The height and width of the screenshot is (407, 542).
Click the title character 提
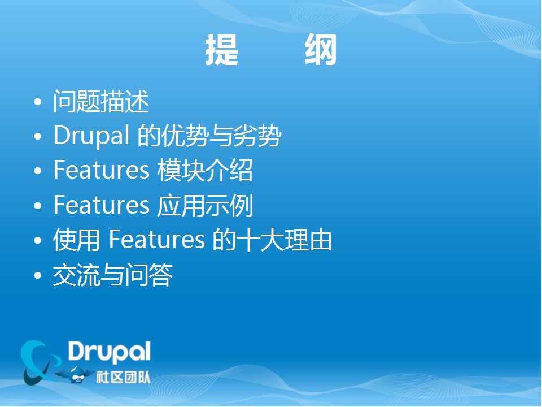[221, 50]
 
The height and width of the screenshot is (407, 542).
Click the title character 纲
[321, 50]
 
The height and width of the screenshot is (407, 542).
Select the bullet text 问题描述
[101, 101]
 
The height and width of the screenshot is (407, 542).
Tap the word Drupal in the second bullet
[91, 136]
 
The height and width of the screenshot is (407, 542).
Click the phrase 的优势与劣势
[209, 136]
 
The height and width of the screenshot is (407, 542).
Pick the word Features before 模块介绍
[101, 170]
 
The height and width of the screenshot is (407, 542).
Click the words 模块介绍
[205, 170]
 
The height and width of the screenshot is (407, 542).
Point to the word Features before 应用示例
[101, 205]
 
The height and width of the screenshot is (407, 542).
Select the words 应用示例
[205, 205]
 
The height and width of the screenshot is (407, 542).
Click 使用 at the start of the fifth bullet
[76, 240]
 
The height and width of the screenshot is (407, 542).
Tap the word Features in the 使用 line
[156, 240]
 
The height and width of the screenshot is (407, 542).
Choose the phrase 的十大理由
[272, 240]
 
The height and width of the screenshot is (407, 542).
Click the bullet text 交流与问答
[113, 275]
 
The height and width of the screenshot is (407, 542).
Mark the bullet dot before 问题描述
[38, 102]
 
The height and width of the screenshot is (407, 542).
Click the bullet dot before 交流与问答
[38, 275]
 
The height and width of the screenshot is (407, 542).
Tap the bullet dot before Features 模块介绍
[38, 171]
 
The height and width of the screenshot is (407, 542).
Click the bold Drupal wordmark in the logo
[109, 352]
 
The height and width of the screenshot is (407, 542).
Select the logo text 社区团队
[124, 377]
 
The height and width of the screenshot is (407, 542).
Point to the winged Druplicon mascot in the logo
[75, 374]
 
